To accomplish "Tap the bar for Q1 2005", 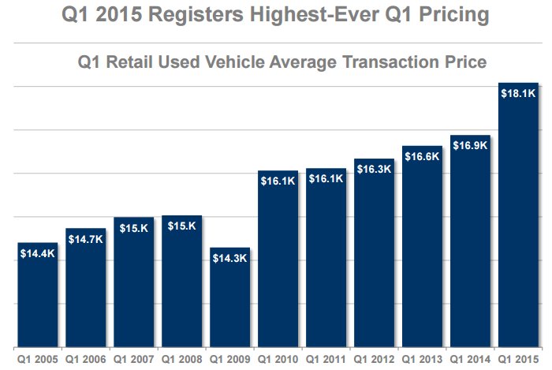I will click(x=37, y=295).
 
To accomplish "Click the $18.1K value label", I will click(x=519, y=93).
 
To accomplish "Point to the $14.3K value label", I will click(x=229, y=259).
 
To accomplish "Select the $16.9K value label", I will click(x=470, y=145).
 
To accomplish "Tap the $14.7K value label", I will click(x=85, y=238).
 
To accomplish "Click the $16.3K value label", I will click(x=374, y=169).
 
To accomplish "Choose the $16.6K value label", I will click(x=422, y=156).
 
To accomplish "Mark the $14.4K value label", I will click(x=37, y=253).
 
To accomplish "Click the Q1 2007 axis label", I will click(x=133, y=358).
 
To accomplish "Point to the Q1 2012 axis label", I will click(x=374, y=358).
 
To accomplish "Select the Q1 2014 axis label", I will click(x=470, y=358).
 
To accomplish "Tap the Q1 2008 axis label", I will click(x=181, y=358).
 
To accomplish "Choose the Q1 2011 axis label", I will click(x=326, y=358).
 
